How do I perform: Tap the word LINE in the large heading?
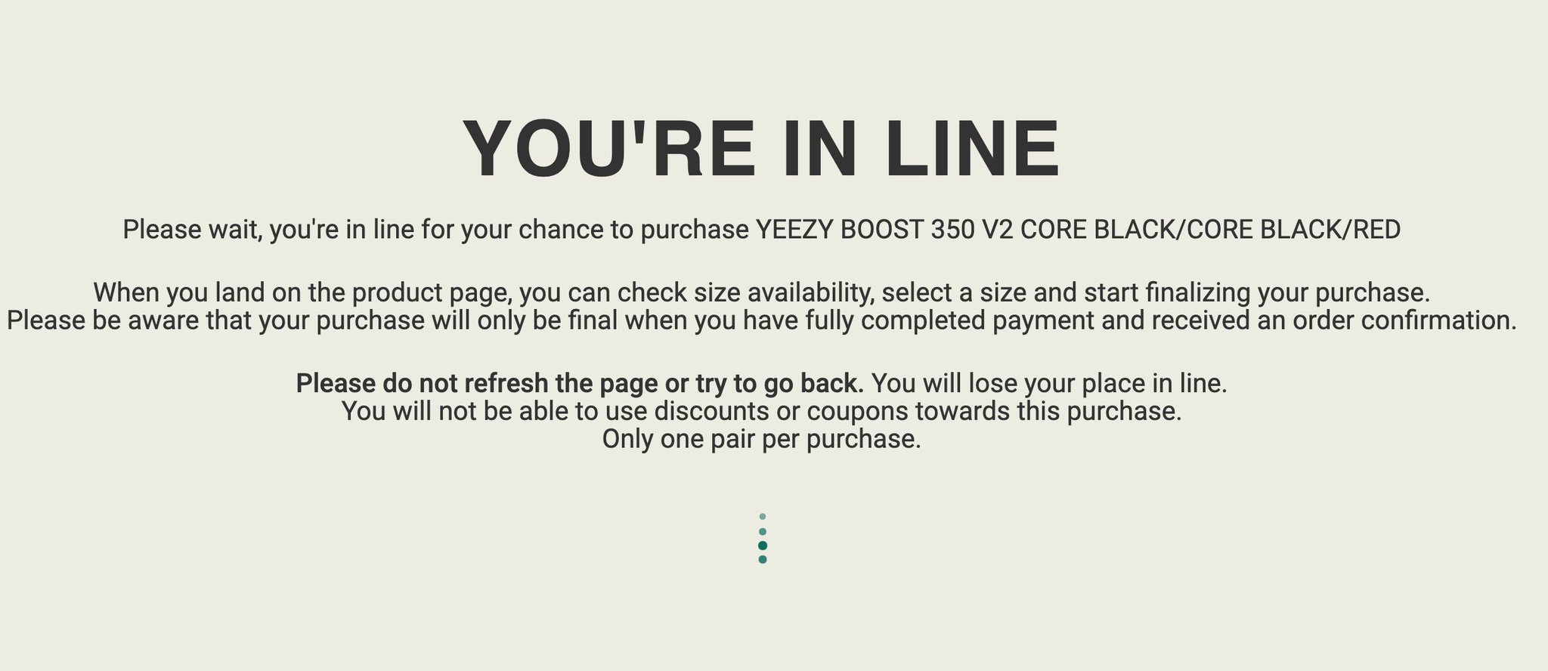click(973, 149)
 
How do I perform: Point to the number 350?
click(952, 229)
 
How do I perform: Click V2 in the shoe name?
click(997, 229)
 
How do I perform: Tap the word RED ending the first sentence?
click(1376, 229)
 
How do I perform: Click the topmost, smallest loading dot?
click(763, 517)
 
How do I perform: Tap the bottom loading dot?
click(763, 560)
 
